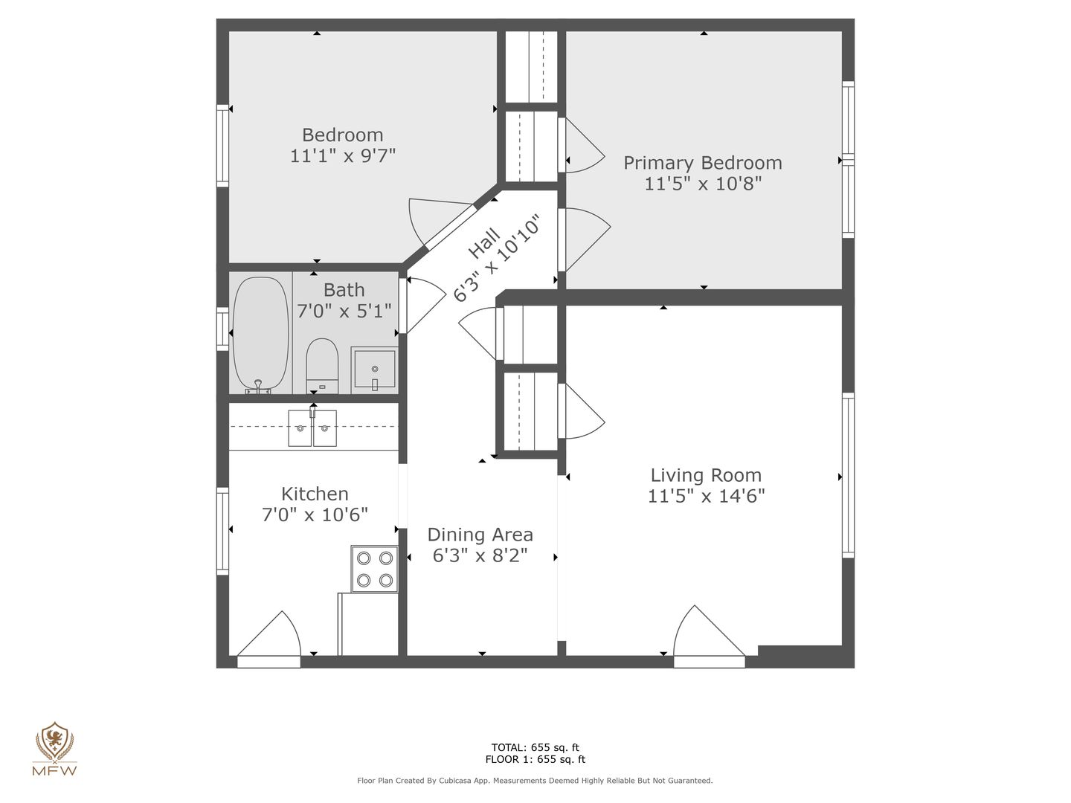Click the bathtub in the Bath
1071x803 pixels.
(x=260, y=335)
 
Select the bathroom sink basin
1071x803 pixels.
(x=374, y=369)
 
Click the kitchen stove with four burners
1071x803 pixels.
(x=374, y=569)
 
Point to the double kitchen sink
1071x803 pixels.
(x=312, y=428)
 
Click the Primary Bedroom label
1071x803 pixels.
(x=703, y=163)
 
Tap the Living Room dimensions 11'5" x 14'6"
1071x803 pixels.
(x=706, y=496)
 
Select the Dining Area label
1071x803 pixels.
(x=480, y=535)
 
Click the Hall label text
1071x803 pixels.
(x=483, y=243)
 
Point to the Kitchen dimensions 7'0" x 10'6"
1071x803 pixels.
(x=315, y=515)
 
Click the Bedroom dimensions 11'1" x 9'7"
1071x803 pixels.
(x=343, y=156)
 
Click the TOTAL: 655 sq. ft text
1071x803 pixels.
(x=535, y=747)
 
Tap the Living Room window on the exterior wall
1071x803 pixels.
(x=849, y=475)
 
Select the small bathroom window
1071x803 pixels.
(x=222, y=329)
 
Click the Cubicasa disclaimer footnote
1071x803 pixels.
(x=535, y=781)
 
